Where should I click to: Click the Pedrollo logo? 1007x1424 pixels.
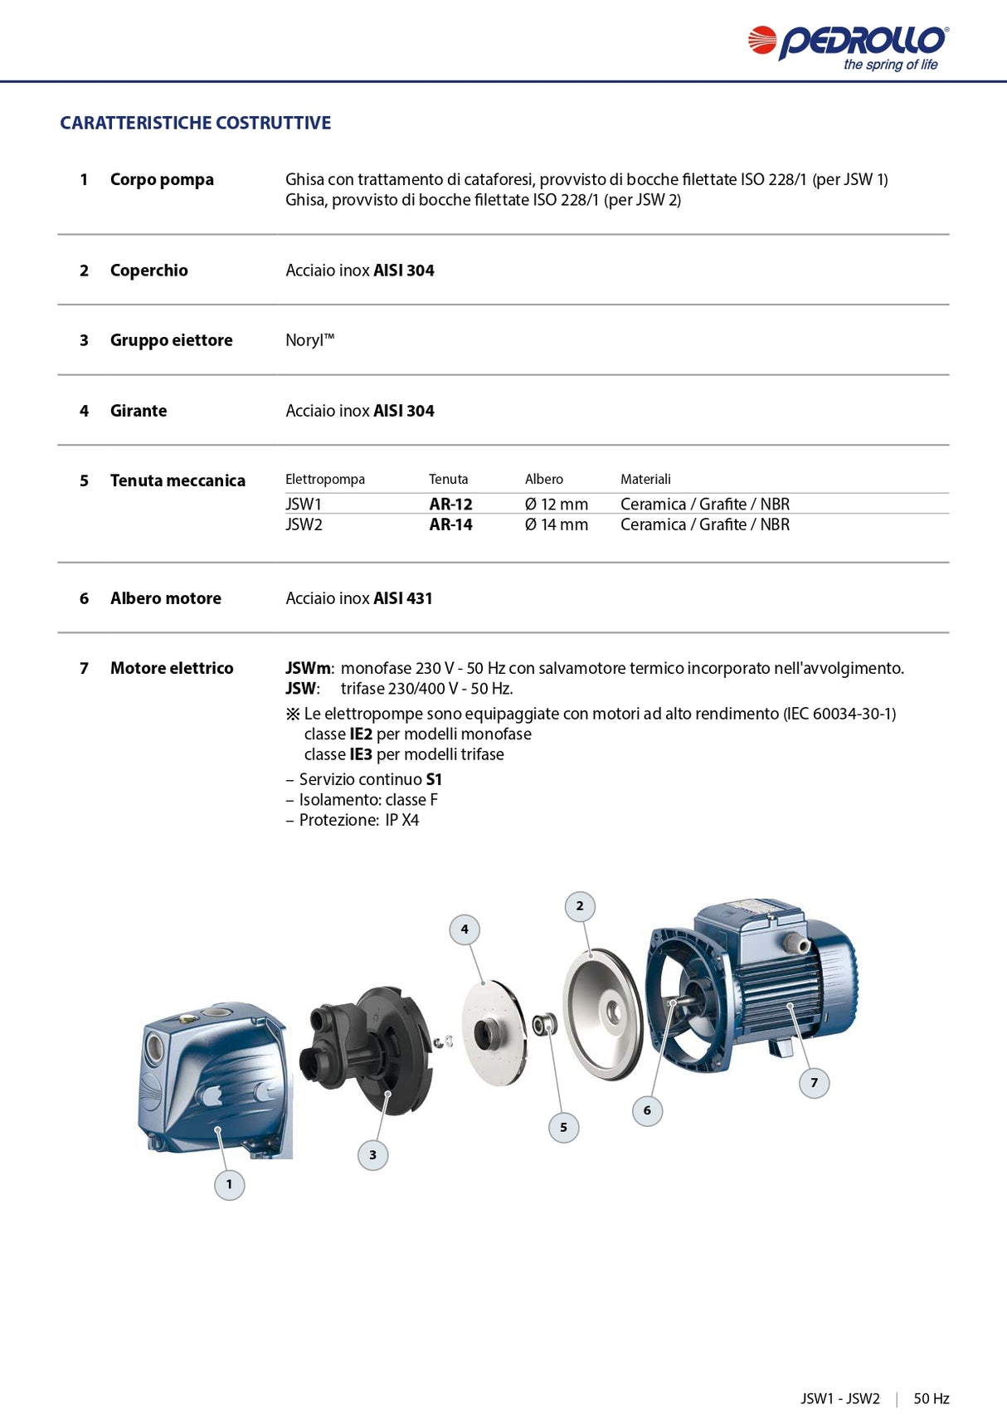click(848, 46)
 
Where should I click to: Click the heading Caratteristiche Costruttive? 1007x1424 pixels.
click(195, 123)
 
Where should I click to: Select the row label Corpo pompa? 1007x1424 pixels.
click(162, 179)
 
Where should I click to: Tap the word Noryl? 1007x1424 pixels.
click(309, 340)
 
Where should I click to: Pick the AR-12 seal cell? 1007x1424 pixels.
click(450, 504)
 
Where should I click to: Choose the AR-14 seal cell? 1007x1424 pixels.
click(450, 524)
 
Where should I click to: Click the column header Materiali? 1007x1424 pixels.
click(645, 479)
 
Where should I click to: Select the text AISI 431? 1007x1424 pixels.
click(402, 598)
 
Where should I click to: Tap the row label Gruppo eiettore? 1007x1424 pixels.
click(171, 340)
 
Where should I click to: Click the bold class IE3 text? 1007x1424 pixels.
click(361, 754)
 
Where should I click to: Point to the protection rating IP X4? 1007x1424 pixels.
click(401, 820)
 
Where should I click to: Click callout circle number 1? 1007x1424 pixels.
click(230, 1184)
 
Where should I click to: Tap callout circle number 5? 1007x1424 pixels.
click(563, 1127)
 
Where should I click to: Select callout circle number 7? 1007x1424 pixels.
click(814, 1082)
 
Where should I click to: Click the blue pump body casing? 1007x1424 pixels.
click(214, 1079)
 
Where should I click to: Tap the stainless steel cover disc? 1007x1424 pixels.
click(603, 1014)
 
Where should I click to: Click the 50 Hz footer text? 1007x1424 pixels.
click(931, 1398)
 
